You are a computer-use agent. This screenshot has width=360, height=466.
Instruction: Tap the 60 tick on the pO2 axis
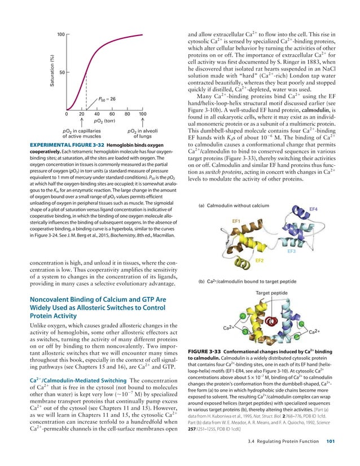(x=112, y=114)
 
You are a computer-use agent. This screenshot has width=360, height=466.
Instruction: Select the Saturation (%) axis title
(x=51, y=72)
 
